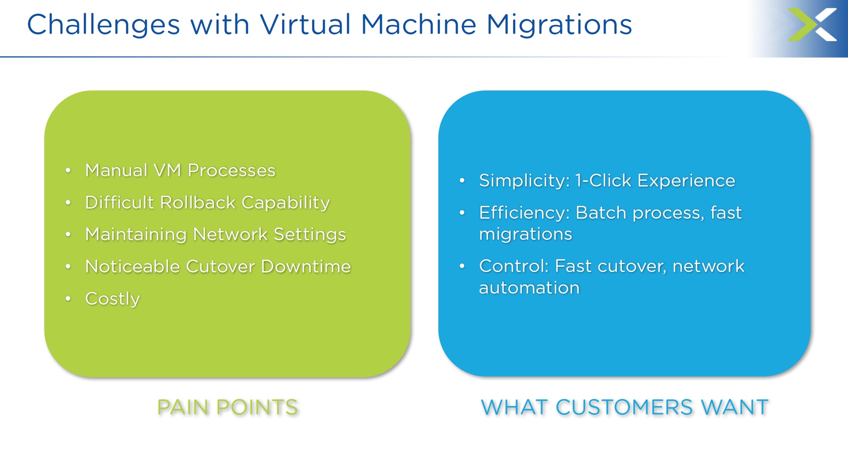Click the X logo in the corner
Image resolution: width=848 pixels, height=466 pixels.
tap(812, 25)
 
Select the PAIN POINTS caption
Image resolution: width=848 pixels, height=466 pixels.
tap(227, 407)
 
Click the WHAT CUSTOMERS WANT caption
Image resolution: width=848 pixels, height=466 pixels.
tap(625, 407)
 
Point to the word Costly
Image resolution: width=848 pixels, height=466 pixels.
tap(112, 299)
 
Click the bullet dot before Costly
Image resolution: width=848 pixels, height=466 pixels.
tap(68, 298)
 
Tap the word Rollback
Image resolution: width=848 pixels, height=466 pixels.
tap(198, 202)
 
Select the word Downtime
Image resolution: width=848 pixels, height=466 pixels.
tap(306, 266)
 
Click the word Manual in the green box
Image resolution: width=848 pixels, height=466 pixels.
tap(116, 170)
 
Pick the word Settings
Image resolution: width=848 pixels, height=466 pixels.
tap(309, 235)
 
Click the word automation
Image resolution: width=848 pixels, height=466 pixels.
tap(529, 287)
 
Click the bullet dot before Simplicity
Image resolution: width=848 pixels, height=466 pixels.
tap(462, 180)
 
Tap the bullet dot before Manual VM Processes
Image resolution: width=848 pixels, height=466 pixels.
tap(68, 170)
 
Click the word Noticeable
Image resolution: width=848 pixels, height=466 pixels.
tap(133, 266)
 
